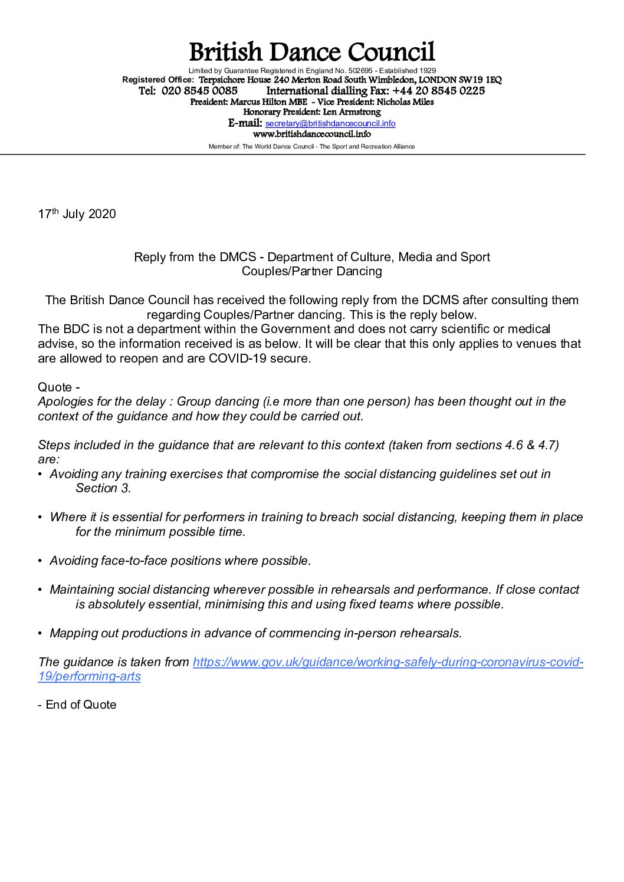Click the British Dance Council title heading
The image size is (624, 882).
tap(311, 52)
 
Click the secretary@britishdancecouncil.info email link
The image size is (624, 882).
tap(330, 123)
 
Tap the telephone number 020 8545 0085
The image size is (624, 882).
tap(199, 91)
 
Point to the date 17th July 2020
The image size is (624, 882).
tap(77, 214)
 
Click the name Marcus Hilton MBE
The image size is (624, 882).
tap(268, 102)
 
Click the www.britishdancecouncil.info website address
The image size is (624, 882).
tap(311, 134)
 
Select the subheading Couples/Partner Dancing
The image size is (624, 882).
tap(311, 271)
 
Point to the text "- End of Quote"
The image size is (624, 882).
tap(77, 705)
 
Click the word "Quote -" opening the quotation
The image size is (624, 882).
tap(58, 387)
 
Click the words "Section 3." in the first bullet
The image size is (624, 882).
tap(103, 488)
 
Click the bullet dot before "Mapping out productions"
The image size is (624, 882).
tap(40, 634)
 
